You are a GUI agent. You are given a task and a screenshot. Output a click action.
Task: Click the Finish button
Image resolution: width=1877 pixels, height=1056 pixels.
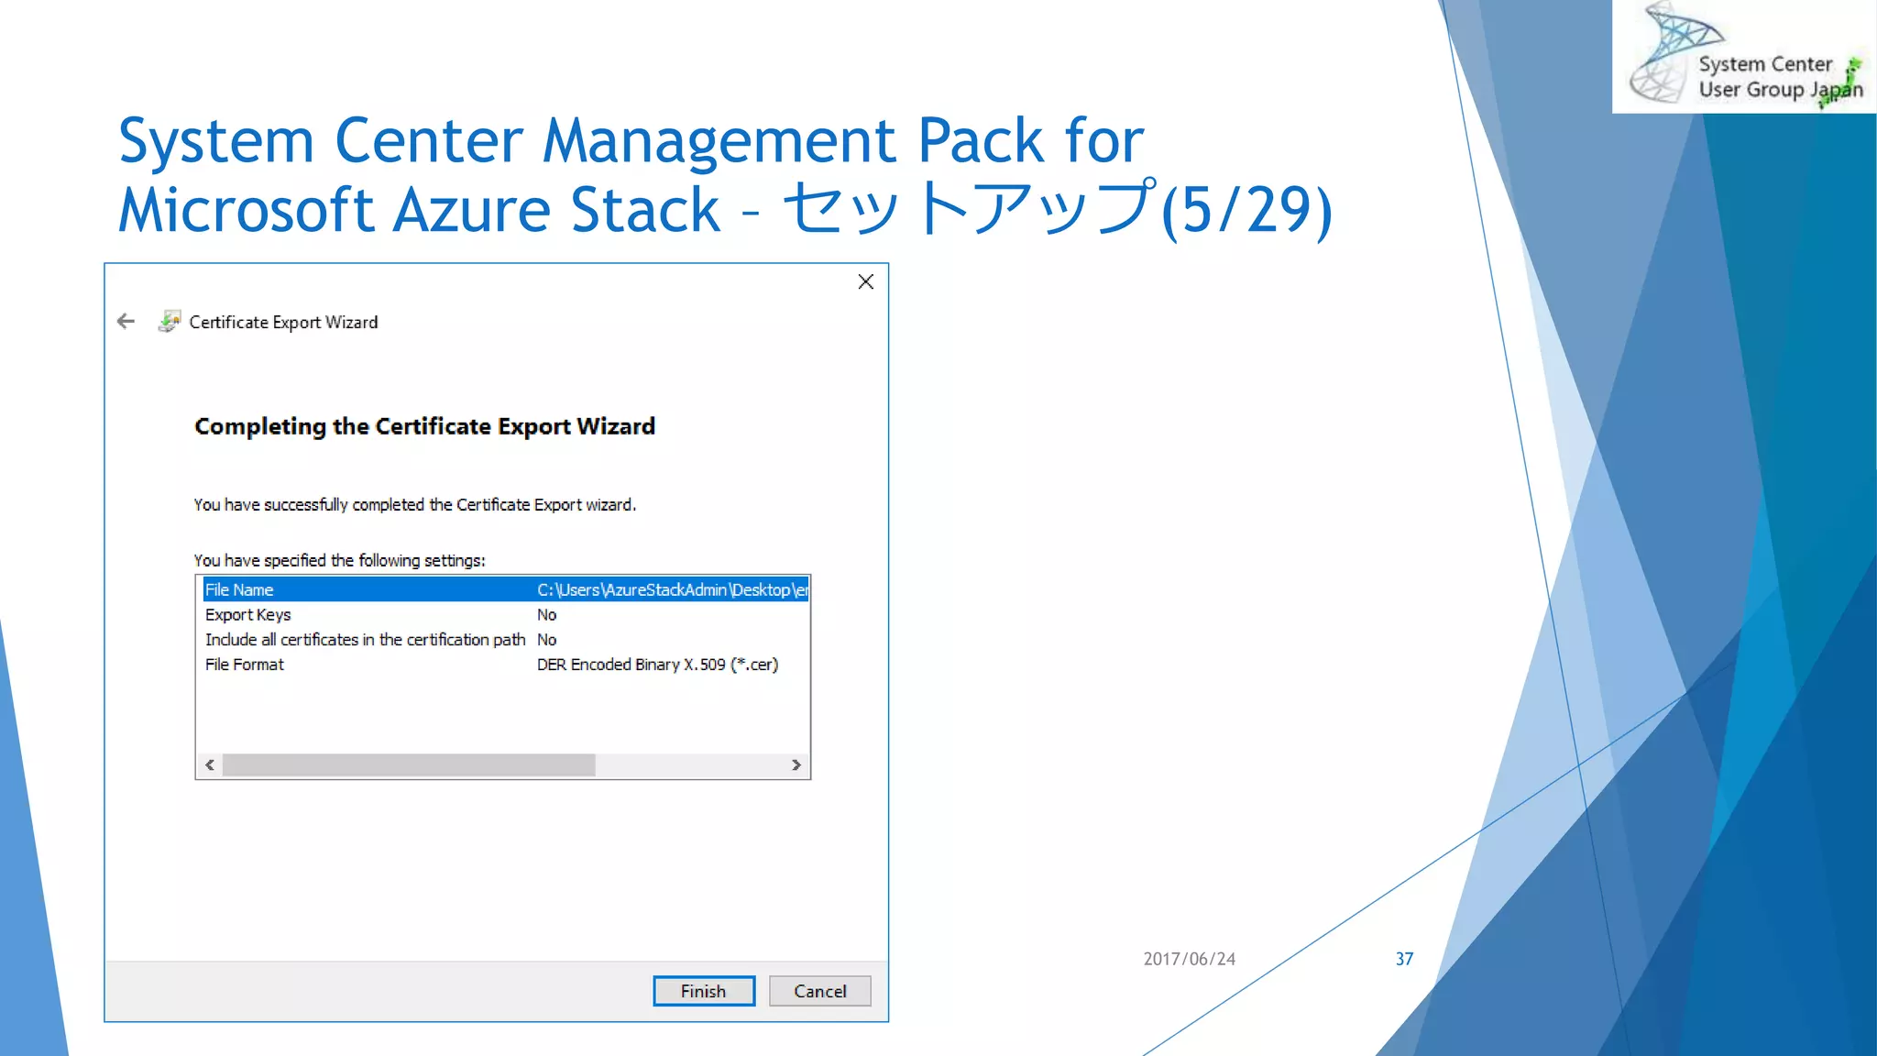(703, 991)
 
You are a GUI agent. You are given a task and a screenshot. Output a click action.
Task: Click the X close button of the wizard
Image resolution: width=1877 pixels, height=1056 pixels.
(865, 281)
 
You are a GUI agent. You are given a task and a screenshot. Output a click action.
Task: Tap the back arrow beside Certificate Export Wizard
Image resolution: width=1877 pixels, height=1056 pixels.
(126, 321)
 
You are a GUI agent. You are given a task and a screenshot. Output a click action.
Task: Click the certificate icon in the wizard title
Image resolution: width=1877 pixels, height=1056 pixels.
(170, 321)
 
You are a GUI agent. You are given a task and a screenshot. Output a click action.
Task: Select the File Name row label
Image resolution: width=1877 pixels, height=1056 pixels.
(239, 589)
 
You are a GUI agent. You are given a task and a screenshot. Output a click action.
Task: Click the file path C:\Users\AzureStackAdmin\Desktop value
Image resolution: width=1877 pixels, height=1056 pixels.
(672, 589)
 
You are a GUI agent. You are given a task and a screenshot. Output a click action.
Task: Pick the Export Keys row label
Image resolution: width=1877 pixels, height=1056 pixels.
(247, 614)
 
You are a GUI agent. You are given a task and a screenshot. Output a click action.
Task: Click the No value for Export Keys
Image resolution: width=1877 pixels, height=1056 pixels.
(546, 614)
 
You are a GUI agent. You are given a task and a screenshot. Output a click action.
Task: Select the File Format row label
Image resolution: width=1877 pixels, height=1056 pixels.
(244, 665)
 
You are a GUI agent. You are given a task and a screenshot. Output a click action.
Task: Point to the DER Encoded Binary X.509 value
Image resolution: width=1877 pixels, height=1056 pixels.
(657, 665)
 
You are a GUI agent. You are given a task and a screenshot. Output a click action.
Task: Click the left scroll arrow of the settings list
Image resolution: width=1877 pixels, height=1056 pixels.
(210, 764)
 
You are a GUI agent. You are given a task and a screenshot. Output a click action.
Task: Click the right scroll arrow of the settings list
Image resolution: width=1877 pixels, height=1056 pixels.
(796, 764)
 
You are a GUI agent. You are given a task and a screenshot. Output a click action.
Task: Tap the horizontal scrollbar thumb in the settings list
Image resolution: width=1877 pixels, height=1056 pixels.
(409, 764)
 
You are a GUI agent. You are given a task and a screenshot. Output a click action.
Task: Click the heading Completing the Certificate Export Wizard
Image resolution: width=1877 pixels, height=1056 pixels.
(424, 426)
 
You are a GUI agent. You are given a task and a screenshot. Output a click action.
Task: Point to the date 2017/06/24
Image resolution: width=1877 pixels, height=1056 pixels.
(1189, 959)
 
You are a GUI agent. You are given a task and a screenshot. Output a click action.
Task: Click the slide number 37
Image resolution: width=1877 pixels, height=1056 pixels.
(1404, 959)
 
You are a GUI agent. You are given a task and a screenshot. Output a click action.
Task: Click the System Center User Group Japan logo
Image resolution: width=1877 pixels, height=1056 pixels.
(1744, 58)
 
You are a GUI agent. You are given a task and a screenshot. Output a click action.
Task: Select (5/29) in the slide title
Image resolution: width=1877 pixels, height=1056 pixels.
(1246, 210)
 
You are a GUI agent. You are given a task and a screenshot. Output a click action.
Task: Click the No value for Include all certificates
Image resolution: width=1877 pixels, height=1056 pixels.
(546, 640)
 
